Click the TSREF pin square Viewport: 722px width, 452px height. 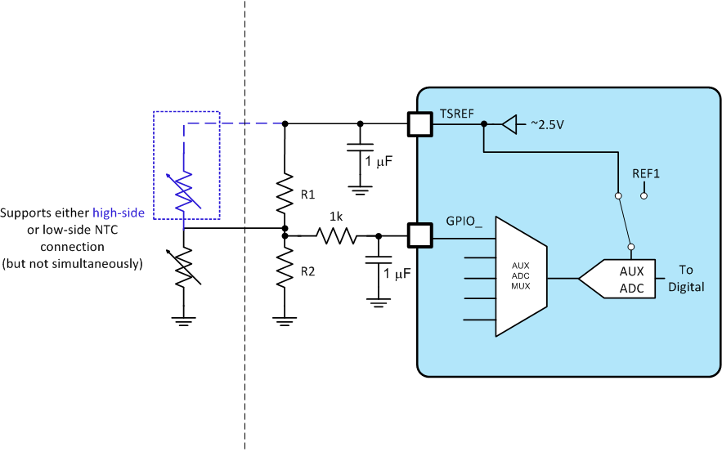pos(419,124)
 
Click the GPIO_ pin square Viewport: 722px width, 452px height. pos(419,237)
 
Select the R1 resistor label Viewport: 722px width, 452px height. pos(307,195)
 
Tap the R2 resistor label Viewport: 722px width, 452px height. pos(307,271)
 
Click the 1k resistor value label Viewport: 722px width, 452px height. pos(335,218)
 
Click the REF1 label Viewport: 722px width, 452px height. pos(646,174)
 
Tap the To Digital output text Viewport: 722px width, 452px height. pos(685,278)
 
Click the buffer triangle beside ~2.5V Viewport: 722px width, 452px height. pos(509,124)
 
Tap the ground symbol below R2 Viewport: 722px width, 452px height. pos(284,320)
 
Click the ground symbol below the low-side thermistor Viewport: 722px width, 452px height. pos(185,320)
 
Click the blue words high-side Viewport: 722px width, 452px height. pos(119,213)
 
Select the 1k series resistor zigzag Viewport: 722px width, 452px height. pos(335,237)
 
